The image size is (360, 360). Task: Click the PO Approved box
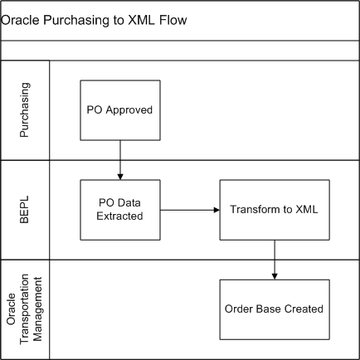click(120, 109)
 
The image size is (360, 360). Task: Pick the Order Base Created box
click(274, 309)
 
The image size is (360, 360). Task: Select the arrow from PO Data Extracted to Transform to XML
click(188, 210)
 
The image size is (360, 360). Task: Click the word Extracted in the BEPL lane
click(120, 216)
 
